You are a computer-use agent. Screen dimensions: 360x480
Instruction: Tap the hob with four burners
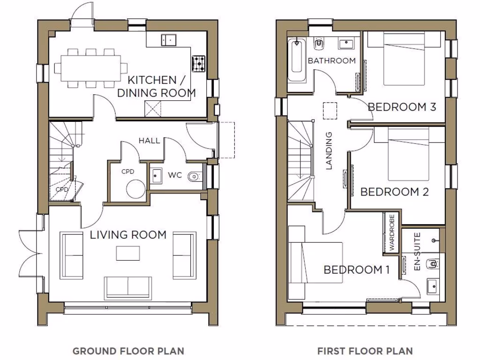(x=198, y=63)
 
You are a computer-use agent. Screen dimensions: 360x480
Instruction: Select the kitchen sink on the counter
(x=168, y=40)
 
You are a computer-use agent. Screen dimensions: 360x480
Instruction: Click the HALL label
(x=149, y=140)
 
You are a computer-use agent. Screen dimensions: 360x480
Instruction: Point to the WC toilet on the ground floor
(x=193, y=177)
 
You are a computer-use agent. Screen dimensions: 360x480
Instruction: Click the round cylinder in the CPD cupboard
(x=136, y=189)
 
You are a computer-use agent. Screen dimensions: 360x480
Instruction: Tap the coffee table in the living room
(x=128, y=254)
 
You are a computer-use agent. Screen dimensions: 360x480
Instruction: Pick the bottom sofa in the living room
(x=128, y=286)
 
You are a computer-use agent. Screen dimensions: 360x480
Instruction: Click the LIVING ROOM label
(x=128, y=234)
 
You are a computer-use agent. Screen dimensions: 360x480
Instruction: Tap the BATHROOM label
(x=331, y=60)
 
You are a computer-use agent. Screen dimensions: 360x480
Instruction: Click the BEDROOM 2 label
(x=395, y=192)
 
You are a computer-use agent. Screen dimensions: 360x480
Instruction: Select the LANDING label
(x=329, y=150)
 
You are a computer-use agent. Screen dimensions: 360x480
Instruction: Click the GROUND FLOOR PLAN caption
(x=128, y=351)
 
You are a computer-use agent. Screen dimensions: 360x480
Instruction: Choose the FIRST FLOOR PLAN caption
(x=365, y=351)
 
